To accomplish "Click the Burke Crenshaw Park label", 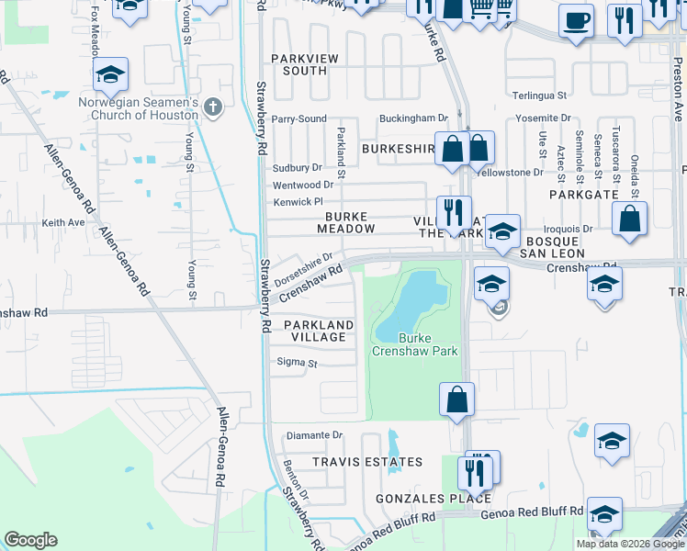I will (x=414, y=344).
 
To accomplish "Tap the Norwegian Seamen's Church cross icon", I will (x=213, y=107).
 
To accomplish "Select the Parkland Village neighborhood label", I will (x=318, y=332).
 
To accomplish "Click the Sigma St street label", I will (x=297, y=364).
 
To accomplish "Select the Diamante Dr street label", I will (x=314, y=435).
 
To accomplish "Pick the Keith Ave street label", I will (x=63, y=222).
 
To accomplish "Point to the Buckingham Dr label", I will (x=414, y=118).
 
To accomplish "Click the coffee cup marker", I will (x=576, y=21).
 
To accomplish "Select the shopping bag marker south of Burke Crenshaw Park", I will (x=456, y=400).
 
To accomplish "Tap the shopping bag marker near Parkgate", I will (x=629, y=219).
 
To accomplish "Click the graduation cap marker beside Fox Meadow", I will (x=110, y=75).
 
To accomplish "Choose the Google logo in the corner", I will (x=30, y=540).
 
